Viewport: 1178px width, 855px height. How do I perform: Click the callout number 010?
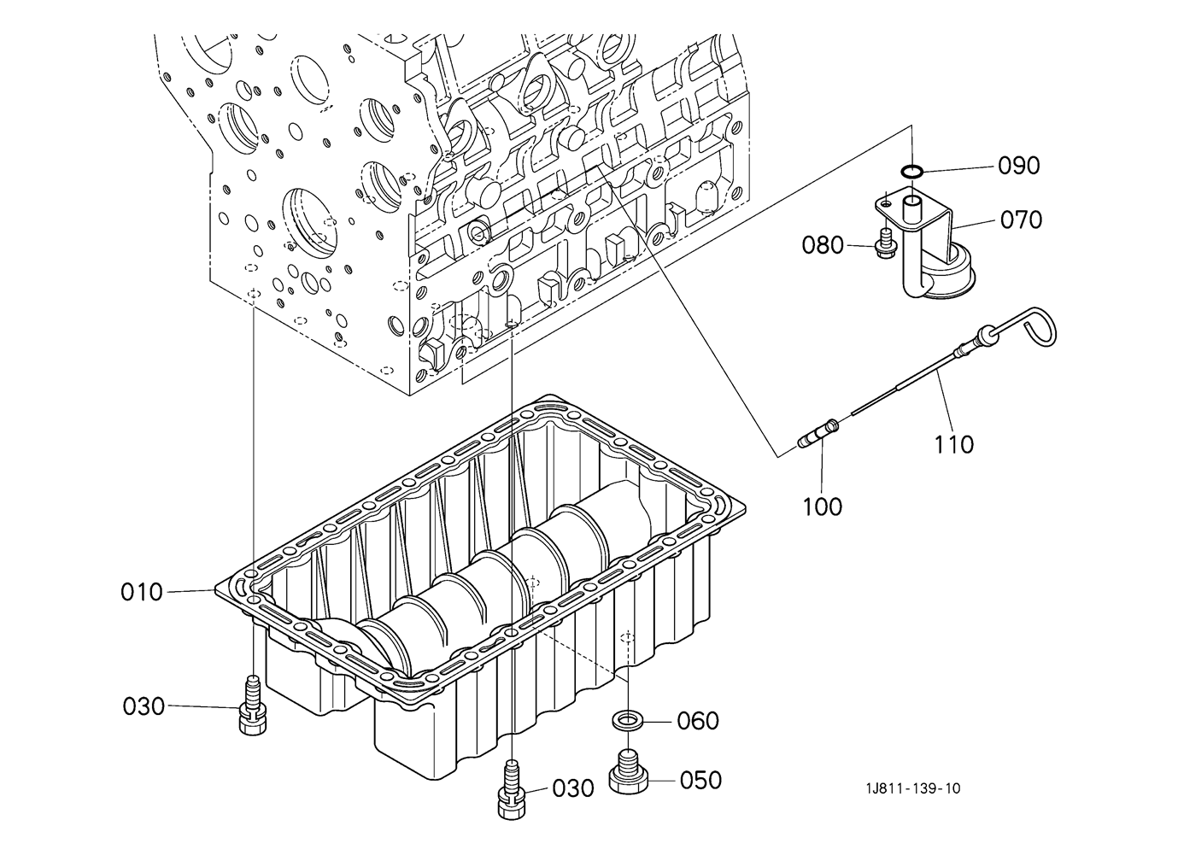click(x=142, y=593)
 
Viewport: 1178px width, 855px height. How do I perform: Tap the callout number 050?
click(x=700, y=781)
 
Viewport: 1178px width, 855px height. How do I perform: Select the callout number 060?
click(x=698, y=722)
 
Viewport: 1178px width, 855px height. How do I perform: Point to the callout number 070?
click(x=1021, y=220)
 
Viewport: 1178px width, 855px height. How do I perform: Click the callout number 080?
click(x=823, y=245)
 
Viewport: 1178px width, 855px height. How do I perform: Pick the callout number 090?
click(x=1019, y=166)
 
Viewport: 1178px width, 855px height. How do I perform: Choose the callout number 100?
click(x=823, y=507)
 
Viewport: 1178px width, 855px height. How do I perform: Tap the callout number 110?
click(x=954, y=445)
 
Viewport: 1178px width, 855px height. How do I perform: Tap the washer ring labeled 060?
click(x=627, y=719)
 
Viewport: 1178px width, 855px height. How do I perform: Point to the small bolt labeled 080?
click(x=884, y=243)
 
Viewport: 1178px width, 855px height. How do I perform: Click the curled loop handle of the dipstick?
click(x=1038, y=326)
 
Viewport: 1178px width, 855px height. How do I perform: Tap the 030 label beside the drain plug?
click(x=573, y=788)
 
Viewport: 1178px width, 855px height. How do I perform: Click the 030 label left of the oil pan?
click(x=144, y=706)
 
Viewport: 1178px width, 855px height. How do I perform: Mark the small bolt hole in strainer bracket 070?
click(x=887, y=203)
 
